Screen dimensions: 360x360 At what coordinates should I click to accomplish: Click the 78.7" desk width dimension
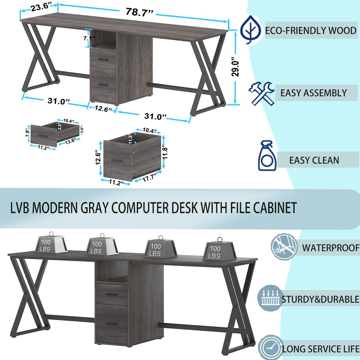pos(139,12)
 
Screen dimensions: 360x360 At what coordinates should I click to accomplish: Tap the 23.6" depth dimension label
pos(41,7)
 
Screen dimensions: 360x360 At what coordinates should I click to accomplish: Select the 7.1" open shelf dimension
pos(89,38)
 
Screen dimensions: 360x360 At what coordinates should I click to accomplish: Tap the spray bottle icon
pos(267,156)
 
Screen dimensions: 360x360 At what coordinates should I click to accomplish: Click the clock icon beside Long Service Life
pos(271,348)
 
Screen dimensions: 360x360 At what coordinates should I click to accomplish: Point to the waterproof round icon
pos(283,247)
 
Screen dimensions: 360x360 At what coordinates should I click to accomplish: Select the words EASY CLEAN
pos(314,160)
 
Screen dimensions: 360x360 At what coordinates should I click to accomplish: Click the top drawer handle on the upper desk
pos(103,60)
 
